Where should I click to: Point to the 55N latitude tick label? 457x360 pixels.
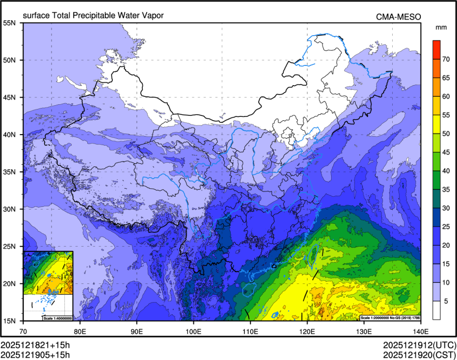tap(10, 23)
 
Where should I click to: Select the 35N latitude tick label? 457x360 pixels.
tap(10, 172)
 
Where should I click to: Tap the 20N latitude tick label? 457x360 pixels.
tap(10, 283)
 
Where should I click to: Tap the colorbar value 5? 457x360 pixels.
tap(446, 300)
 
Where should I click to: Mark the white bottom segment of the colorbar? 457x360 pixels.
tap(436, 310)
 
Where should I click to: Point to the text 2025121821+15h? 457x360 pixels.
tap(35, 345)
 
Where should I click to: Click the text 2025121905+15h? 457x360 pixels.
tap(35, 354)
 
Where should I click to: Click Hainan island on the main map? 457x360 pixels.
tap(248, 289)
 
